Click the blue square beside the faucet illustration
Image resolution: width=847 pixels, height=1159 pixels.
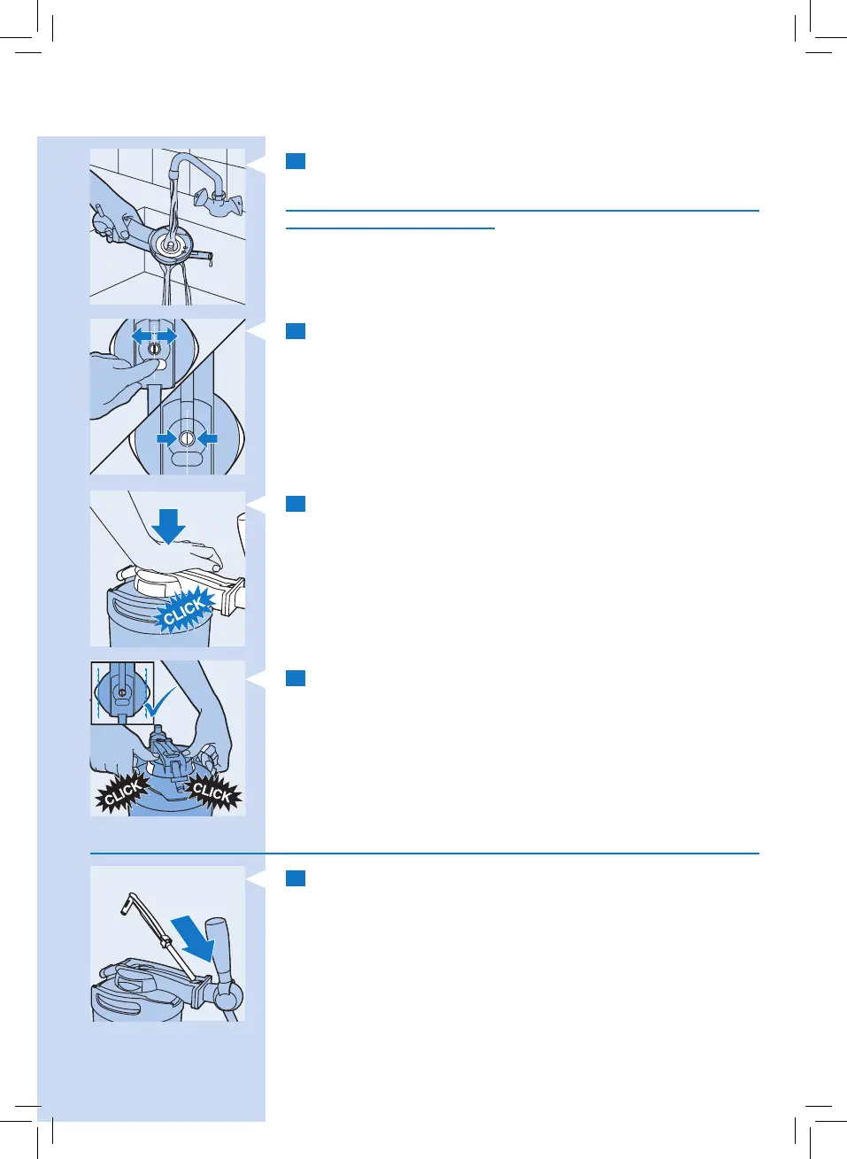pyautogui.click(x=296, y=161)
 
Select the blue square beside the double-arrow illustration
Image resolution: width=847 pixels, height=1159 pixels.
pyautogui.click(x=296, y=331)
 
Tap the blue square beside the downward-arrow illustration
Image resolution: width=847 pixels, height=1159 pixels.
pyautogui.click(x=296, y=504)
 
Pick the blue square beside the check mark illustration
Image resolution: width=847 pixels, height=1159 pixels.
pyautogui.click(x=296, y=678)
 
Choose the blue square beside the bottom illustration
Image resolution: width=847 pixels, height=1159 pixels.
pyautogui.click(x=296, y=878)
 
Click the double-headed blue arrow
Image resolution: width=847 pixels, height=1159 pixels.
pyautogui.click(x=154, y=336)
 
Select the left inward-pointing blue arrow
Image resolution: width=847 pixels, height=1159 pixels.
pyautogui.click(x=166, y=438)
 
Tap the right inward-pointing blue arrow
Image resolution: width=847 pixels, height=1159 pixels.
pyautogui.click(x=207, y=438)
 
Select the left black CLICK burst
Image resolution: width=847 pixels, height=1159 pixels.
pyautogui.click(x=122, y=791)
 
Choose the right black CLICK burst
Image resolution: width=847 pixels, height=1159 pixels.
pyautogui.click(x=212, y=791)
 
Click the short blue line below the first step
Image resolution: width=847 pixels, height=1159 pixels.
pyautogui.click(x=389, y=228)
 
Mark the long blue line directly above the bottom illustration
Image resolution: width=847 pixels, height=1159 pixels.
pyautogui.click(x=425, y=854)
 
